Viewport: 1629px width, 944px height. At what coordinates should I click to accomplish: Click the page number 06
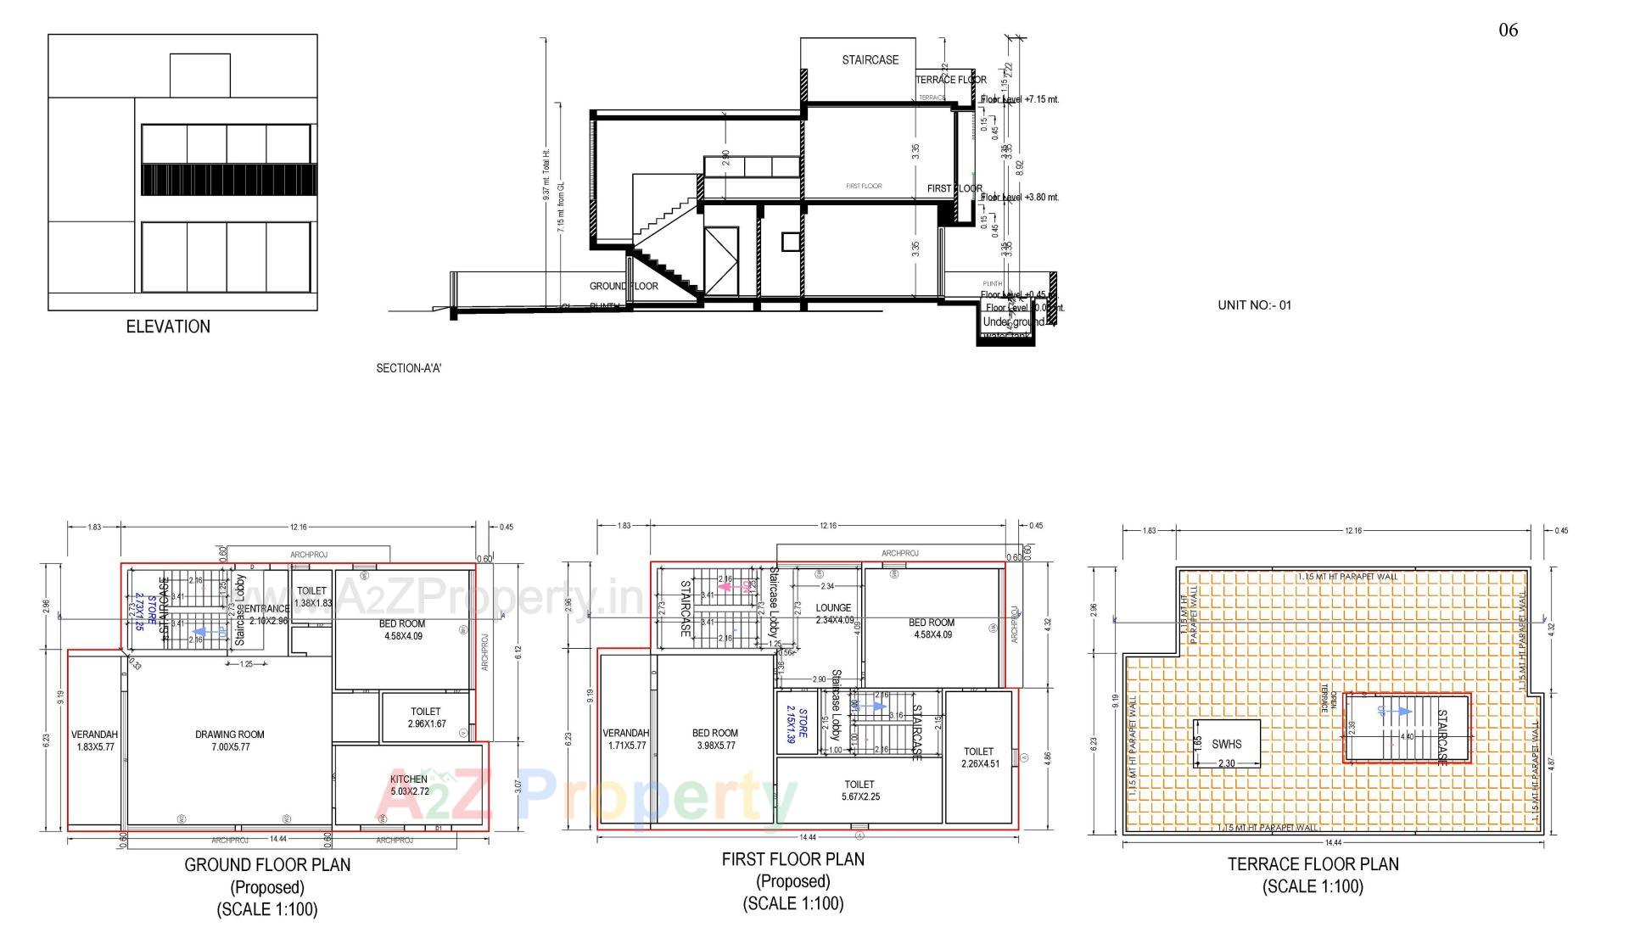[x=1508, y=31]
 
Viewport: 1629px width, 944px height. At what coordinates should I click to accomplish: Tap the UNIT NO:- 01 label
[x=1254, y=305]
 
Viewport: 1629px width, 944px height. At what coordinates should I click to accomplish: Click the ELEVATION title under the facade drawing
[x=168, y=327]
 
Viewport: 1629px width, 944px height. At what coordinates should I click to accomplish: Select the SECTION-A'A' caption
[x=409, y=368]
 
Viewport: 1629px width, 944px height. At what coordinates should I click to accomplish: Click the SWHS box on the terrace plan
[x=1226, y=744]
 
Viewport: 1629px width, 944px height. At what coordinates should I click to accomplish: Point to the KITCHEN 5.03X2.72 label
[x=409, y=785]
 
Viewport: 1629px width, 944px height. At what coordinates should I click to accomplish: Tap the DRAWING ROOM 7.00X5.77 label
[x=229, y=740]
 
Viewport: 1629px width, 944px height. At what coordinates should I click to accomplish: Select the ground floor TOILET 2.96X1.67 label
[x=426, y=718]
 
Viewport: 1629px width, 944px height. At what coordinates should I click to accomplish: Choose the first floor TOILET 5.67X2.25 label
[x=859, y=790]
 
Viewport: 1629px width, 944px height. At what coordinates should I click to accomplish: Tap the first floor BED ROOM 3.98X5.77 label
[x=714, y=740]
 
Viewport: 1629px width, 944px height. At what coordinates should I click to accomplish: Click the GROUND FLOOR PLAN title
[x=267, y=865]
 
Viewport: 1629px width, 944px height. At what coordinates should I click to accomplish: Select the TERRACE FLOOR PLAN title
[x=1313, y=864]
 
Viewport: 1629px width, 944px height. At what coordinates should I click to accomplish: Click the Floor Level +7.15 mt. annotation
[x=1020, y=99]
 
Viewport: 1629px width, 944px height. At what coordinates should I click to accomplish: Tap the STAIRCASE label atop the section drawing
[x=870, y=60]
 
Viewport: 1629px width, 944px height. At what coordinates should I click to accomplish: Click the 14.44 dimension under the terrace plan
[x=1333, y=843]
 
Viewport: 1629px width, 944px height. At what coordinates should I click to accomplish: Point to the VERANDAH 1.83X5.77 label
[x=94, y=740]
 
